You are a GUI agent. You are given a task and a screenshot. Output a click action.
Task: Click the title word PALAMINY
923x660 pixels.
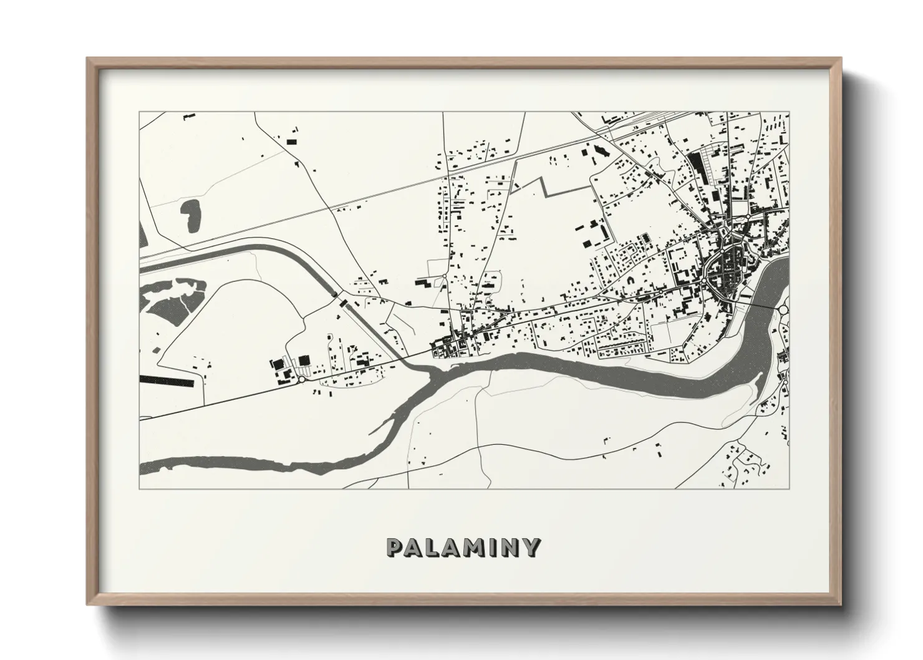coord(462,547)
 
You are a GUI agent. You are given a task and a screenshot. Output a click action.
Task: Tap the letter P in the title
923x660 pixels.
coord(395,547)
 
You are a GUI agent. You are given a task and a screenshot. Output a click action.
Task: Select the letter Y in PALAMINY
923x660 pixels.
coord(531,547)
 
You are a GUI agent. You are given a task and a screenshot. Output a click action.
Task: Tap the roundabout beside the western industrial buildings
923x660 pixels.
coord(302,379)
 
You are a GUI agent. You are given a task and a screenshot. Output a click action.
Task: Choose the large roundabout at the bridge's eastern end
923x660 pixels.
coord(784,309)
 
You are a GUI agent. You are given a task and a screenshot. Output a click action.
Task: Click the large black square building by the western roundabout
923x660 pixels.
coord(304,360)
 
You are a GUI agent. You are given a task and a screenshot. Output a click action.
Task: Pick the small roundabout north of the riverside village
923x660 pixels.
coord(443,276)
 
